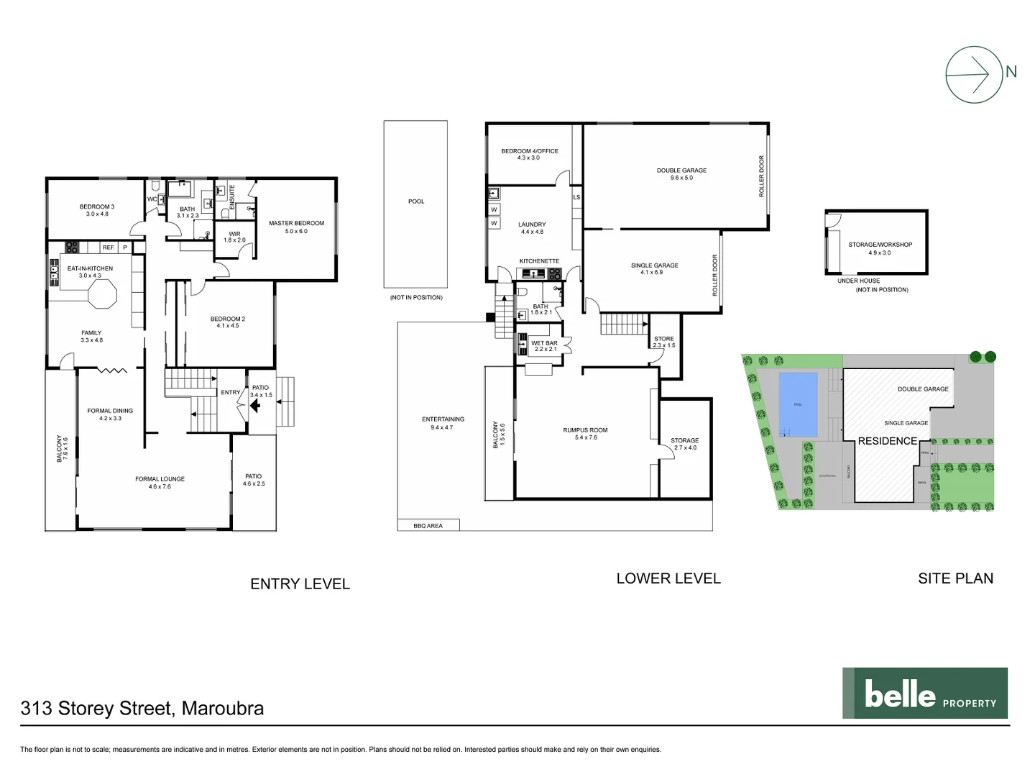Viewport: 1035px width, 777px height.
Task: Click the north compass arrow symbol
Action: [974, 75]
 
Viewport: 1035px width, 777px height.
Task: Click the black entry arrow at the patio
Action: [254, 406]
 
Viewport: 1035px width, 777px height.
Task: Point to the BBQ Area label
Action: [428, 526]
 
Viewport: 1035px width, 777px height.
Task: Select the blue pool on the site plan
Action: [798, 404]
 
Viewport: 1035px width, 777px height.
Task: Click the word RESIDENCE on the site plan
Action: [887, 441]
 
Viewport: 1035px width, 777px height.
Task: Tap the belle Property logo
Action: [924, 694]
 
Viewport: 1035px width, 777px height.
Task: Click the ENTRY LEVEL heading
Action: [300, 584]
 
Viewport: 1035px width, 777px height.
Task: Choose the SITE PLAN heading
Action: [955, 578]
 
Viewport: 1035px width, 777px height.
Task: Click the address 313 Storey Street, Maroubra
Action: [142, 709]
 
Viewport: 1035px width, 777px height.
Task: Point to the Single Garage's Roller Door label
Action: [715, 275]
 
